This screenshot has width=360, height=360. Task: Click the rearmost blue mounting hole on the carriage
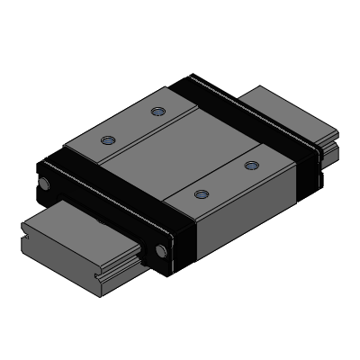pyautogui.click(x=159, y=112)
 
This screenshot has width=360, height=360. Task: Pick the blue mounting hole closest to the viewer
pyautogui.click(x=200, y=193)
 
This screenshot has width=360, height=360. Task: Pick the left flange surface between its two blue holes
pyautogui.click(x=133, y=126)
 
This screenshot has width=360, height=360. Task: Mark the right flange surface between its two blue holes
pyautogui.click(x=225, y=178)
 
